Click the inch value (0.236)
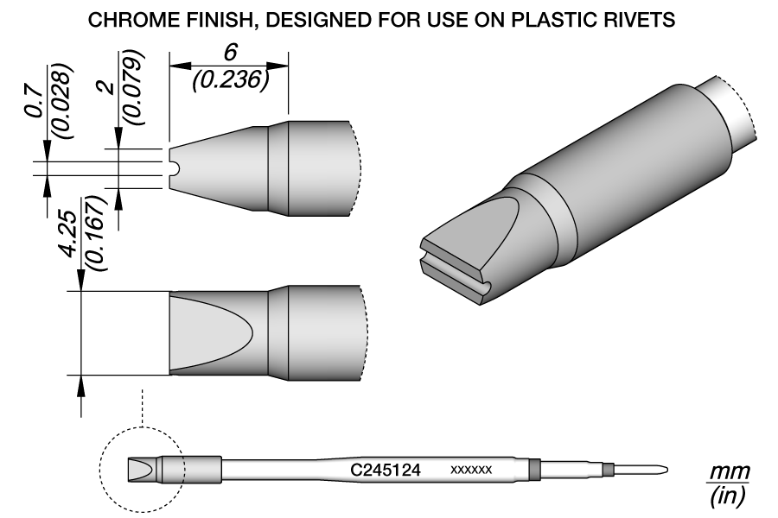(x=229, y=78)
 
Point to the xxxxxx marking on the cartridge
(x=471, y=471)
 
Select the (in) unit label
(x=726, y=496)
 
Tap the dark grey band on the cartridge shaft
(x=533, y=470)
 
